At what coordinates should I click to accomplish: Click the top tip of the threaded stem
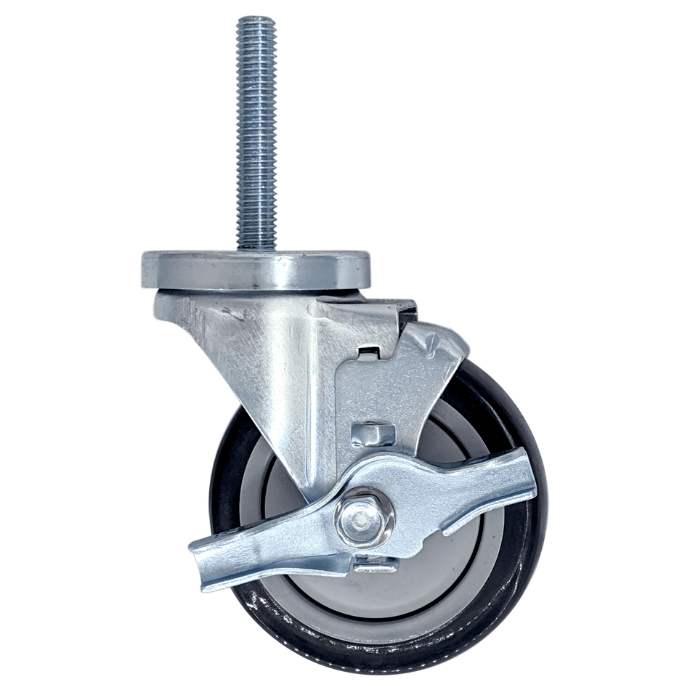click(x=254, y=20)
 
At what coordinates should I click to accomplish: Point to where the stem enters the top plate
click(x=254, y=247)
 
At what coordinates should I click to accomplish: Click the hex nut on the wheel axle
click(x=365, y=517)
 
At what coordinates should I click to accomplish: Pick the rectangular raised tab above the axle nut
click(x=372, y=434)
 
